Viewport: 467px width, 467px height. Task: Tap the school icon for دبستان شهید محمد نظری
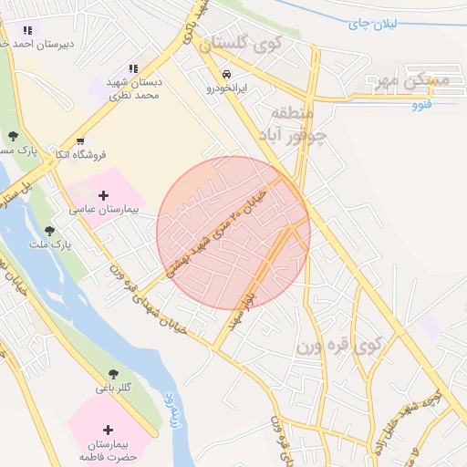133,68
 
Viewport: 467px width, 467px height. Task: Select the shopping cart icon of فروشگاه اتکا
81,141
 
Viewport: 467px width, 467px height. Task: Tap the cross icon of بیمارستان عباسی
103,195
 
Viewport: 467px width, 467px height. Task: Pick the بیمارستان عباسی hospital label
103,210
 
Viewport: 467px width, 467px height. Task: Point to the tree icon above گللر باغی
113,374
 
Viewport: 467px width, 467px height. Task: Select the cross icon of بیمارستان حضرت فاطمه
109,430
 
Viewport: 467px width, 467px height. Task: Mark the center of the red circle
233,233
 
